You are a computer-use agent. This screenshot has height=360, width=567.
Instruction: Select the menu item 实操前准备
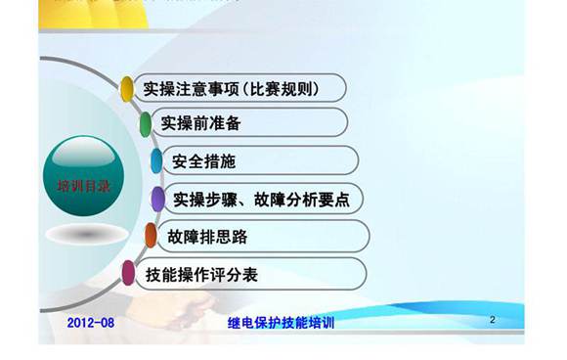200,124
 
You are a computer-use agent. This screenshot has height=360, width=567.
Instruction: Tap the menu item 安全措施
203,160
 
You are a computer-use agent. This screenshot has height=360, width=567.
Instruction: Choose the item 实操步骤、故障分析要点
261,199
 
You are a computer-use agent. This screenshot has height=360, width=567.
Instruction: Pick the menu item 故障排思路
208,236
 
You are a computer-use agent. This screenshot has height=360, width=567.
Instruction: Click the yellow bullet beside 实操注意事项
127,89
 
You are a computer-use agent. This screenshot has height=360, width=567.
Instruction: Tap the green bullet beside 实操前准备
146,124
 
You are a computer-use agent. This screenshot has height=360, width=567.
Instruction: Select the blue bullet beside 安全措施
156,160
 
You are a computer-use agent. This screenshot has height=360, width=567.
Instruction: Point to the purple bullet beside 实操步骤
157,199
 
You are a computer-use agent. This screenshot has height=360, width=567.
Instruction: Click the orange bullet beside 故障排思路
151,236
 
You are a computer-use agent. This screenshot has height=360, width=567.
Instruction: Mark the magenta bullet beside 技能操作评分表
128,273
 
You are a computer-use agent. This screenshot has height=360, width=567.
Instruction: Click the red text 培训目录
83,185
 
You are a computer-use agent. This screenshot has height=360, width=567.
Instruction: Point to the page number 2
493,320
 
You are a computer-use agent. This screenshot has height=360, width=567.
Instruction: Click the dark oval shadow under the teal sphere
86,235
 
